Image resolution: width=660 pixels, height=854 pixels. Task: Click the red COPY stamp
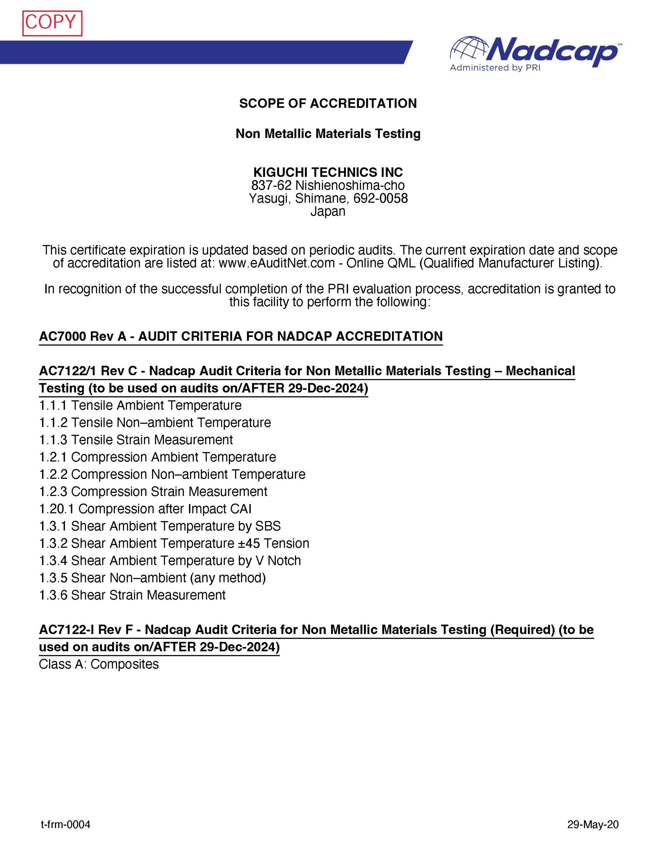(52, 23)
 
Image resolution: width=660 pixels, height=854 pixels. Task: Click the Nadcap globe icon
(469, 50)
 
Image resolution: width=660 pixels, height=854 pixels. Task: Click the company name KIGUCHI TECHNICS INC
(328, 172)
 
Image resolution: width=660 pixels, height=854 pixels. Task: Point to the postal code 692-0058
(380, 198)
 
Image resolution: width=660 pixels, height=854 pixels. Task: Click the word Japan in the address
(328, 211)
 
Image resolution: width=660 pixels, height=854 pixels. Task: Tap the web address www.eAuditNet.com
(276, 263)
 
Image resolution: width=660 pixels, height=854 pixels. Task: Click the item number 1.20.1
(57, 509)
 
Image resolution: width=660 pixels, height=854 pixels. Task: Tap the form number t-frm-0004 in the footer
(65, 825)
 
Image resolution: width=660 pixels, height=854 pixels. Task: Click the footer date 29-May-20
(593, 825)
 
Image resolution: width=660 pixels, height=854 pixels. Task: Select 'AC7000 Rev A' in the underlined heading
(82, 336)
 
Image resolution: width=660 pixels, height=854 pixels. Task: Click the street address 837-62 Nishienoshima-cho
(328, 185)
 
